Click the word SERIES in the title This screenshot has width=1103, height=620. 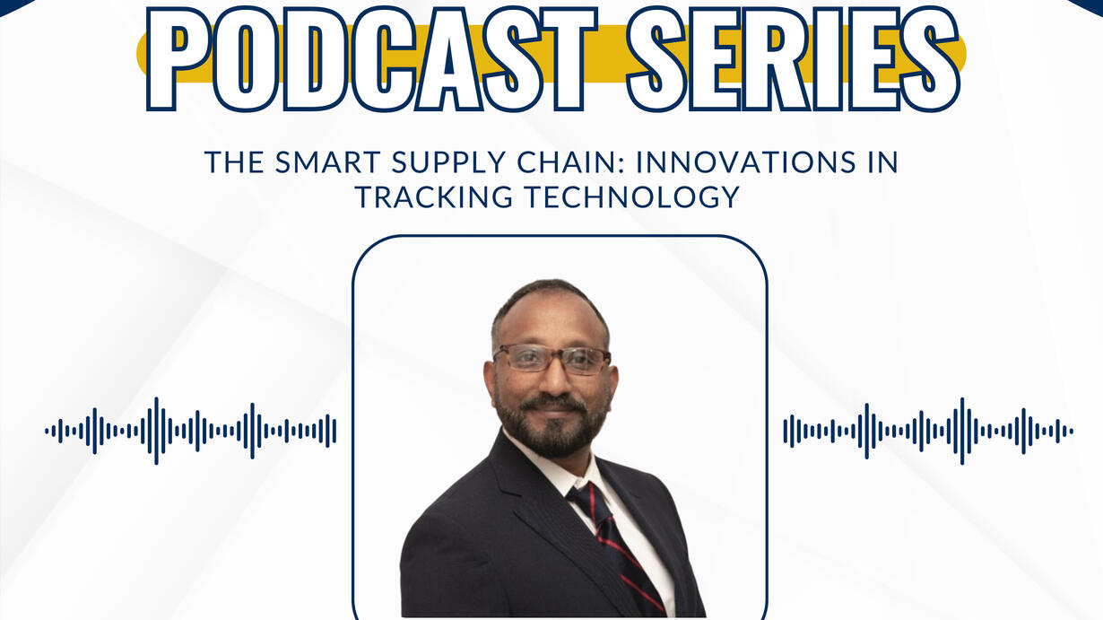pyautogui.click(x=794, y=58)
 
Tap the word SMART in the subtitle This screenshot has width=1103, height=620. pyautogui.click(x=328, y=162)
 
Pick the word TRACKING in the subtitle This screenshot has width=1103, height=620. pyautogui.click(x=434, y=196)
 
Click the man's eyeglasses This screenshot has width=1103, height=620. pyautogui.click(x=552, y=358)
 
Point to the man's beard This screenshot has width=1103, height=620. pyautogui.click(x=551, y=424)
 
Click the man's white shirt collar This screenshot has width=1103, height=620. pyautogui.click(x=566, y=468)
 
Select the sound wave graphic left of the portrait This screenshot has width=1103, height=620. pyautogui.click(x=191, y=432)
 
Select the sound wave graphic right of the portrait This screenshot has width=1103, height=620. pyautogui.click(x=928, y=432)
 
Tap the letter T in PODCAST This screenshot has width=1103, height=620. pyautogui.click(x=566, y=59)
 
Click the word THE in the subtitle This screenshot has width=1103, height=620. pyautogui.click(x=234, y=162)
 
